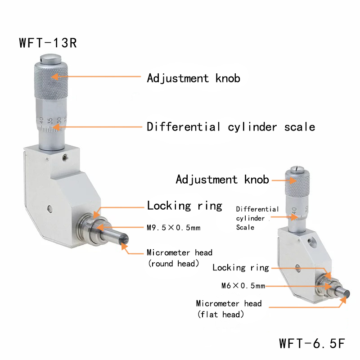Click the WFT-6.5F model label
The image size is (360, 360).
tap(312, 344)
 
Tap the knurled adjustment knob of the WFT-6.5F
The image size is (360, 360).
tap(297, 184)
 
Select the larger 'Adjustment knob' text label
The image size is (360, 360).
tap(193, 78)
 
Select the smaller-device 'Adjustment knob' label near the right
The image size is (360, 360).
tap(222, 180)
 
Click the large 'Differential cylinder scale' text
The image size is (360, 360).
tap(231, 127)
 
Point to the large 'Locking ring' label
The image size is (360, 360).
tap(184, 206)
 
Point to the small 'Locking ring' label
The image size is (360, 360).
tap(240, 268)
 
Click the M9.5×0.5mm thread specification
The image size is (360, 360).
tap(173, 228)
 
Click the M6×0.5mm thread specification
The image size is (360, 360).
tap(243, 286)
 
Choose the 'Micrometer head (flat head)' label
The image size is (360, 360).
tap(229, 309)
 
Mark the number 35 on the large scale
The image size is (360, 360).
tap(51, 121)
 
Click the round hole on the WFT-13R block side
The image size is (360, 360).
tap(49, 209)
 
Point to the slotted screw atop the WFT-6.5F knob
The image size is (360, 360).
tap(297, 169)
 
